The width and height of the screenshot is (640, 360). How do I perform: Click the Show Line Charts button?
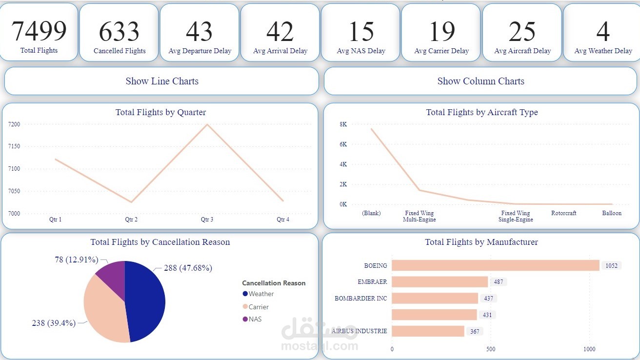click(x=161, y=81)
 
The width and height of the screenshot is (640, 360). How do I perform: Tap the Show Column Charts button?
click(x=480, y=81)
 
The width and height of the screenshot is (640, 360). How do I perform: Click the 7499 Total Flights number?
click(x=39, y=31)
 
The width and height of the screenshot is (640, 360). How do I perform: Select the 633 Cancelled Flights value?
click(x=120, y=31)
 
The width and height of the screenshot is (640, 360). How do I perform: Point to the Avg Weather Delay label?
click(x=603, y=51)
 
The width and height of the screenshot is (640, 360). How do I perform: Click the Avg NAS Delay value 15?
click(x=361, y=31)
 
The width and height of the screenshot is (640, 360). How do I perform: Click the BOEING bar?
click(x=495, y=265)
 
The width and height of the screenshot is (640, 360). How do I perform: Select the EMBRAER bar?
click(x=440, y=282)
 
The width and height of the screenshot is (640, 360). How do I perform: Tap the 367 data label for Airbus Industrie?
click(x=475, y=332)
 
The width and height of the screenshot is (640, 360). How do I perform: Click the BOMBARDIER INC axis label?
click(x=361, y=298)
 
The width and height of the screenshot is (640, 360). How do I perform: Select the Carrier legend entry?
click(x=258, y=307)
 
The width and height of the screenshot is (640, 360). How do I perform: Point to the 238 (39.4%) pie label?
click(x=54, y=323)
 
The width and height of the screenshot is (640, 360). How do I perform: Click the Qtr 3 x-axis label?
click(x=207, y=220)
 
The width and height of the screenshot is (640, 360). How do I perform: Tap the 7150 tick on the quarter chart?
click(x=14, y=147)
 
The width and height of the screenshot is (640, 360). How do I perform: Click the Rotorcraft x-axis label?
click(x=563, y=213)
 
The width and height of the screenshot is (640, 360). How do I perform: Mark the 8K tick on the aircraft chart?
click(x=343, y=124)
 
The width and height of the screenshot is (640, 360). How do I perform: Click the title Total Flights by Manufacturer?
click(x=481, y=242)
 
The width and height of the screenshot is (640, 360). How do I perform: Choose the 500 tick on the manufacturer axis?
click(x=491, y=349)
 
